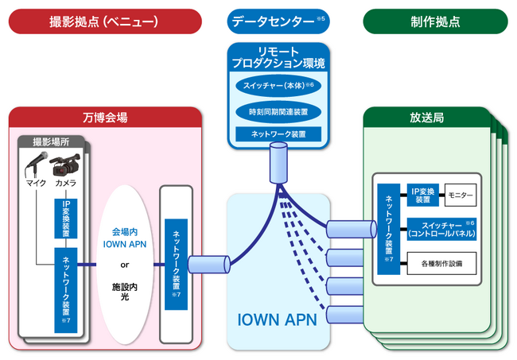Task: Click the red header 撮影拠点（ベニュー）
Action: pos(104,21)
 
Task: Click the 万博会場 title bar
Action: pos(104,117)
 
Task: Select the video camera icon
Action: pos(65,165)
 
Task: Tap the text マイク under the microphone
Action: pos(35,184)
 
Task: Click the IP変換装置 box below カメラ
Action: pos(67,216)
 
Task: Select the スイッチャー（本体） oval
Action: pos(278,85)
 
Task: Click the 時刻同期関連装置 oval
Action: pos(278,110)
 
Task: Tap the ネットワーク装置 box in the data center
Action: pos(278,134)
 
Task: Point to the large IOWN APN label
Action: pos(278,319)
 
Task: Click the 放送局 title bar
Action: pos(428,117)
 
